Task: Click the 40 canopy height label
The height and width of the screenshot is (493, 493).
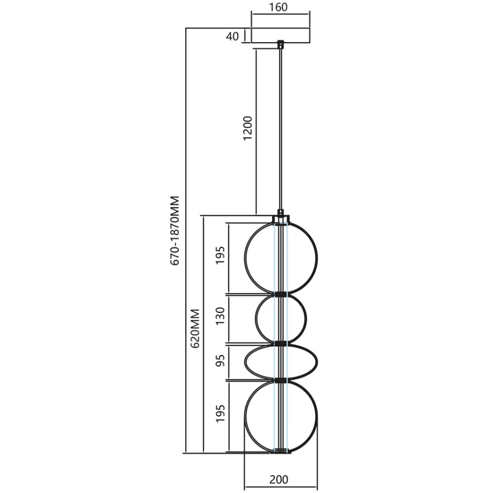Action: tap(232, 36)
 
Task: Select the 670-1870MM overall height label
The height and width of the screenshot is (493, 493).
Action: tap(175, 230)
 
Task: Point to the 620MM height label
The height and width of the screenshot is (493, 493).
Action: tap(196, 328)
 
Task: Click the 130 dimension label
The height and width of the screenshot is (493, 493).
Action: tap(220, 319)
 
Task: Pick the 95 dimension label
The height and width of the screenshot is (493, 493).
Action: tap(220, 362)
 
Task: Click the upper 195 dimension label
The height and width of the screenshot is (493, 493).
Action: tap(220, 257)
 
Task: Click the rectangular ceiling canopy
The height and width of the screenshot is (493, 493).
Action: tap(280, 35)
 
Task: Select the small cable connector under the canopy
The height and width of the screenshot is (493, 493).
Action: tap(280, 43)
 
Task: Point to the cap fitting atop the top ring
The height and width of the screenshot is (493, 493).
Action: tap(281, 219)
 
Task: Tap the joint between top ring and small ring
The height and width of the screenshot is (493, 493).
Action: tap(281, 294)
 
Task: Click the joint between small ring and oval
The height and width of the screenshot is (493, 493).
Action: tap(281, 344)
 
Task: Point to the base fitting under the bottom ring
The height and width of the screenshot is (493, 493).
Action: tap(281, 452)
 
